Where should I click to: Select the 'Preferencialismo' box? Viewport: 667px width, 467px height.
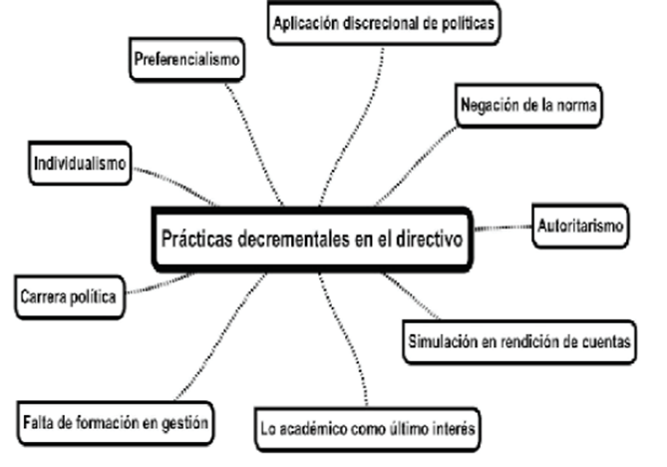click(x=187, y=58)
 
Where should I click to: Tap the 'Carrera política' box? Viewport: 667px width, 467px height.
click(x=70, y=296)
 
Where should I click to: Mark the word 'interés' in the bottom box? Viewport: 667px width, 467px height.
click(x=458, y=429)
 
